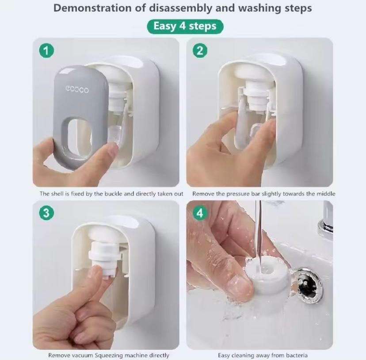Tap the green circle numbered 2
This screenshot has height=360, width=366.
200,51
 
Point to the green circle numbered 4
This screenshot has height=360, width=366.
200,213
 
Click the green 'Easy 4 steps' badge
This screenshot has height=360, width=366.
185,26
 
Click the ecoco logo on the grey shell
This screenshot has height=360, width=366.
77,90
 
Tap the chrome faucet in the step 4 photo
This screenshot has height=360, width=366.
326,219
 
